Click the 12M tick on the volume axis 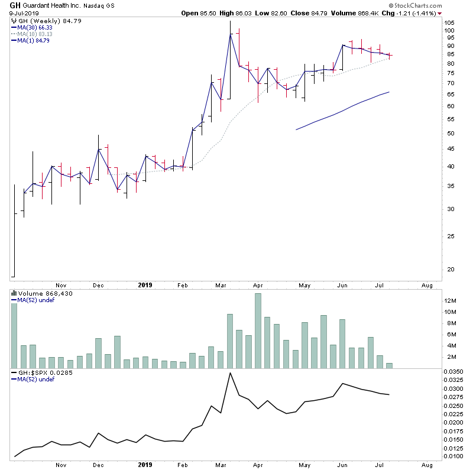tap(451, 301)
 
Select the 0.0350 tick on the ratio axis tap(454, 371)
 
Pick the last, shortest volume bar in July tap(389, 365)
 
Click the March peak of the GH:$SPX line tap(229, 373)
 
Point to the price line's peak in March tap(229, 34)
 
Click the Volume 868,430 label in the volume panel tap(41, 293)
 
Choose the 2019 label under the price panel tap(145, 285)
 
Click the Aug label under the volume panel tap(427, 465)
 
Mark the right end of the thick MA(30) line tap(388, 92)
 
